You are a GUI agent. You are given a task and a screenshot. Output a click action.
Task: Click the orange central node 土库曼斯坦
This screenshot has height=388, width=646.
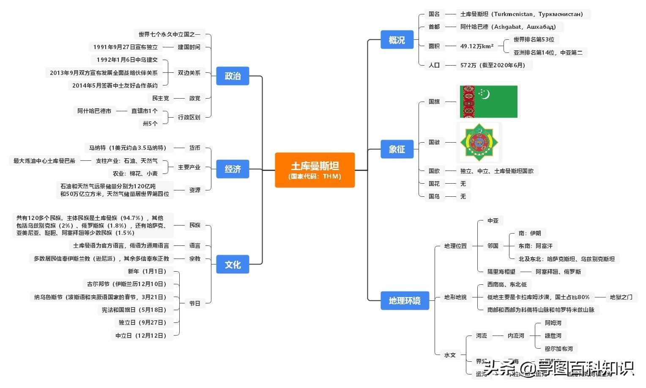pyautogui.click(x=315, y=170)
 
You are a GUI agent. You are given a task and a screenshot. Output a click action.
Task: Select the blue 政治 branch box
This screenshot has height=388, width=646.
pyautogui.click(x=233, y=76)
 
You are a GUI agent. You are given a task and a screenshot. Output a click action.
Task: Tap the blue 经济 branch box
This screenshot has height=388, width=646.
pyautogui.click(x=233, y=169)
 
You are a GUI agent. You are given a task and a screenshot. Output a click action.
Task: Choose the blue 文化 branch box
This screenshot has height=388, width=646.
pyautogui.click(x=233, y=265)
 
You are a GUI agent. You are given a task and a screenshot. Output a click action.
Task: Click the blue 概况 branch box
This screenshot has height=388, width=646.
pyautogui.click(x=397, y=40)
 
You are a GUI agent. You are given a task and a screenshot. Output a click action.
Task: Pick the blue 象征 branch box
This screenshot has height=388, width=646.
pyautogui.click(x=397, y=149)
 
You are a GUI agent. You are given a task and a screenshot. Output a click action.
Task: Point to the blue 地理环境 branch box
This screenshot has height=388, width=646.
pyautogui.click(x=405, y=301)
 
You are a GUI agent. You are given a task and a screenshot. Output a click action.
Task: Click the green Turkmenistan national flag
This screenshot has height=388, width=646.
pyautogui.click(x=489, y=102)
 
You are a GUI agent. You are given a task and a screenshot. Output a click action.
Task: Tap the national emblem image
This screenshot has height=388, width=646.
pyautogui.click(x=479, y=143)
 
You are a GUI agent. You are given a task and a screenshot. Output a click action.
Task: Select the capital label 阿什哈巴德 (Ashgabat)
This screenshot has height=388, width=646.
pyautogui.click(x=508, y=27)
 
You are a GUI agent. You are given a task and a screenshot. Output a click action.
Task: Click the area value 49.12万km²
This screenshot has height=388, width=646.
pyautogui.click(x=476, y=46)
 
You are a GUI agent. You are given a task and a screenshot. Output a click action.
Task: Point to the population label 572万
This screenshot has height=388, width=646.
pyautogui.click(x=493, y=65)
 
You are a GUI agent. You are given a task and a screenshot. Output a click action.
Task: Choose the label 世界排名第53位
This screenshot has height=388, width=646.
pyautogui.click(x=534, y=39)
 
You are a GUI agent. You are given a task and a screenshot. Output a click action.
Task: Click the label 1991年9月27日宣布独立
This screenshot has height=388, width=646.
pyautogui.click(x=125, y=47)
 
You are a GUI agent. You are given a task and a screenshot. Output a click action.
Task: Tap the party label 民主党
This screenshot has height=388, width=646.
pyautogui.click(x=160, y=98)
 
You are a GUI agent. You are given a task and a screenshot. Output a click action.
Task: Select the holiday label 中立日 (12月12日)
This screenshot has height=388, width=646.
pyautogui.click(x=141, y=336)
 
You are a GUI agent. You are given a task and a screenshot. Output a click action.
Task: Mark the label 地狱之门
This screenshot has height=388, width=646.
pyautogui.click(x=621, y=297)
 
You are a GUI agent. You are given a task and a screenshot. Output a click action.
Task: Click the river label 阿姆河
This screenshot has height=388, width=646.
pyautogui.click(x=553, y=323)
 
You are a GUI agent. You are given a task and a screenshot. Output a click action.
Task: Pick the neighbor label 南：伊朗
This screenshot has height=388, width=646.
pyautogui.click(x=530, y=233)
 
